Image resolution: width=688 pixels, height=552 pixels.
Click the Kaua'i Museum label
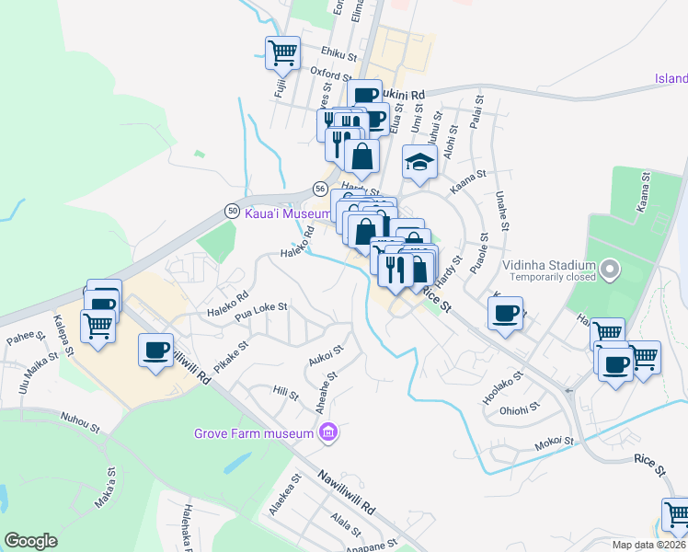[x=288, y=213]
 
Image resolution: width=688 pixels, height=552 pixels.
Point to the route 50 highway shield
[x=232, y=211]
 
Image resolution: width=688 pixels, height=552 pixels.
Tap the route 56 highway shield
[x=319, y=188]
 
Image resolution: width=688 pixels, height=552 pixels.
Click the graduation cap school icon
[x=419, y=164]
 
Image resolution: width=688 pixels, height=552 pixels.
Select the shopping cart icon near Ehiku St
[x=282, y=52]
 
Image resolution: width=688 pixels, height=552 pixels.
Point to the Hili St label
[x=286, y=393]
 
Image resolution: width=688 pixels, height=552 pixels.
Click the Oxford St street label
[x=332, y=74]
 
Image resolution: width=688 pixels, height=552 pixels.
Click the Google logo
[x=30, y=541]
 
